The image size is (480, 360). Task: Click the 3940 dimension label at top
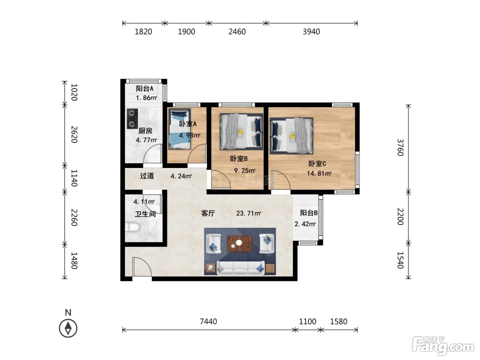(x=311, y=32)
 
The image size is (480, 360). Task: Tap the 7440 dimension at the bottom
(x=208, y=322)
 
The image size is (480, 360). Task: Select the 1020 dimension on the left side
(x=74, y=92)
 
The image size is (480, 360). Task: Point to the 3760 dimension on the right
(x=400, y=147)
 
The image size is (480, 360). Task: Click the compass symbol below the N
(x=68, y=328)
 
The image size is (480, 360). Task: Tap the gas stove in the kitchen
(x=132, y=119)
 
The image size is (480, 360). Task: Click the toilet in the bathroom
(x=132, y=227)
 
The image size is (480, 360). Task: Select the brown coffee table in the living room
(x=240, y=243)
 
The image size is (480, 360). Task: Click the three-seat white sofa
(x=240, y=268)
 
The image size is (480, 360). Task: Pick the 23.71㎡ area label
(x=249, y=213)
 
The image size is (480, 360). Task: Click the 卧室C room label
(x=317, y=164)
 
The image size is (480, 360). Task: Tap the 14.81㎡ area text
(x=319, y=173)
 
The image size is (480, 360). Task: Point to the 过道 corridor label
(x=147, y=176)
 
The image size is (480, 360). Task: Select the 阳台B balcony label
(x=309, y=213)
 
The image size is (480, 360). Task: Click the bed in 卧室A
(x=180, y=129)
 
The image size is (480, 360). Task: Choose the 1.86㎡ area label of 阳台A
(x=146, y=98)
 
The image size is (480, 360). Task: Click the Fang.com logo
(x=443, y=346)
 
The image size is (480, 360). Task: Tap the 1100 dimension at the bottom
(x=308, y=322)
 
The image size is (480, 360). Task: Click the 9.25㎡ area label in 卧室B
(x=244, y=170)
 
